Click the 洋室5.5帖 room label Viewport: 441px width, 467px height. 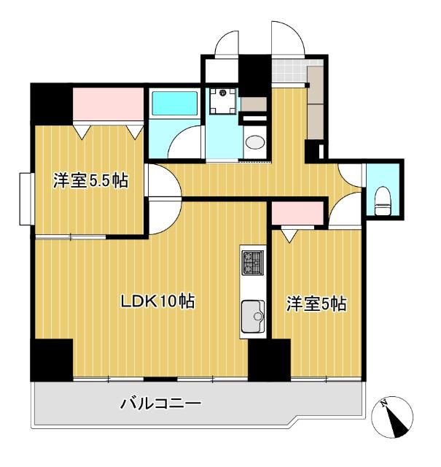90,181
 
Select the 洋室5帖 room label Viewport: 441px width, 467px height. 316,304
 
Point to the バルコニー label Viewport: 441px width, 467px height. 160,403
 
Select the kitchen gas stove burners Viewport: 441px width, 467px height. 254,262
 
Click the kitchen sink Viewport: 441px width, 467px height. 254,315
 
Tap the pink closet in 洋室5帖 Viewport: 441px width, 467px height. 297,214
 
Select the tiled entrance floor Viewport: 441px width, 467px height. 287,73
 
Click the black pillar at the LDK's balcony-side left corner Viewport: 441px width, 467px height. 52,358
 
